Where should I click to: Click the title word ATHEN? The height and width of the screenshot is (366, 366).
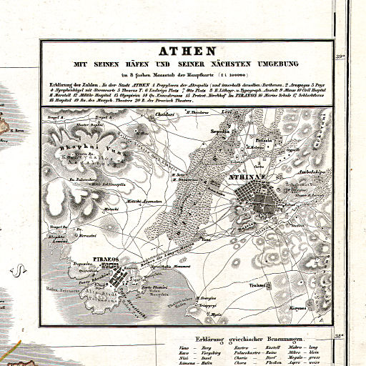182,51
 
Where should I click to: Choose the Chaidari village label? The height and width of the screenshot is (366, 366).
166,114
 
